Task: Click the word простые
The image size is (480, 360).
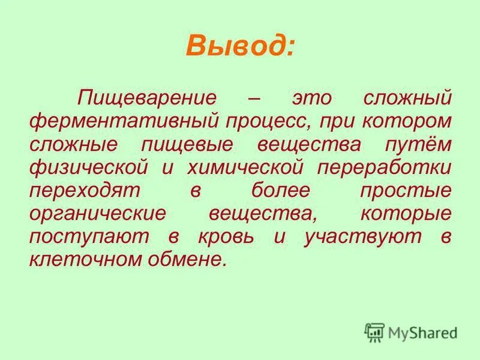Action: [405, 190]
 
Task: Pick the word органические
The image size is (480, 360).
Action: [97, 212]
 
